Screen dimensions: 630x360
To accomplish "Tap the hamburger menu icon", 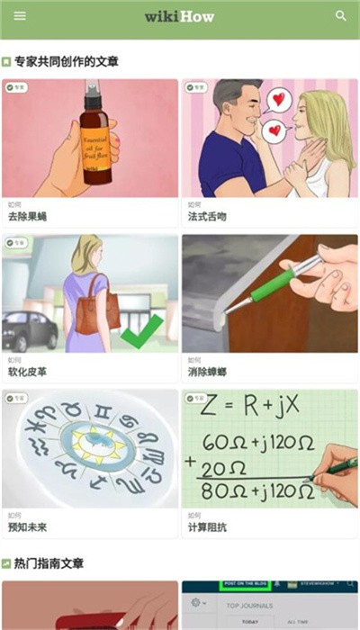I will click(20, 15).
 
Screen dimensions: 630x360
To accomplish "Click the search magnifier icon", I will click(341, 15).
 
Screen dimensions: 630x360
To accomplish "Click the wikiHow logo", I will click(180, 16).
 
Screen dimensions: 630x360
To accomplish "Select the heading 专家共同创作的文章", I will click(67, 62).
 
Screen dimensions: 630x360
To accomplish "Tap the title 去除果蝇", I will click(27, 217).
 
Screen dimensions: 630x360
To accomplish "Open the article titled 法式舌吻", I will click(207, 217).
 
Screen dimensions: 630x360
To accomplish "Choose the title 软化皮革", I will click(27, 372).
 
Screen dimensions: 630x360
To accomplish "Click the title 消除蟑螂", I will click(207, 372).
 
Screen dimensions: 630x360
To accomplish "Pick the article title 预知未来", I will click(27, 526).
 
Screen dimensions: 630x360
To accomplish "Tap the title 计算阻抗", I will click(207, 526).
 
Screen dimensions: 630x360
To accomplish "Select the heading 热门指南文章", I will click(49, 563).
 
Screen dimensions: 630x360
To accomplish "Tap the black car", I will click(30, 332).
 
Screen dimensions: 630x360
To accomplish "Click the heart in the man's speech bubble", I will click(282, 98).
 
